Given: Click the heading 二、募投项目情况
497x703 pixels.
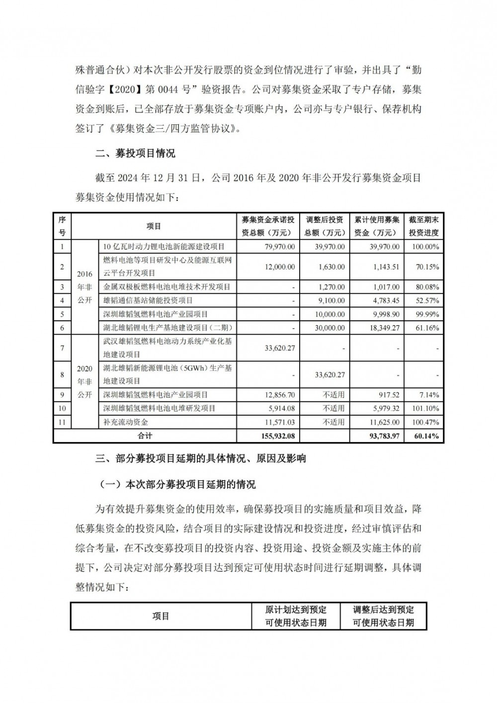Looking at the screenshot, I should coord(135,154).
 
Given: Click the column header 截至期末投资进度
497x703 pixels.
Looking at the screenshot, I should coord(423,226).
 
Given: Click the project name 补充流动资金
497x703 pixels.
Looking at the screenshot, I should coord(126,422).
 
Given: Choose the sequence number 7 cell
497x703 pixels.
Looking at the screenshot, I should coord(62,348).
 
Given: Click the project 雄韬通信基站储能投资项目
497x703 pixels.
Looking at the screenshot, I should coord(148,301).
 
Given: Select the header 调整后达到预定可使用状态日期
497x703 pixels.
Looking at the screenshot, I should coord(383,616).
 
